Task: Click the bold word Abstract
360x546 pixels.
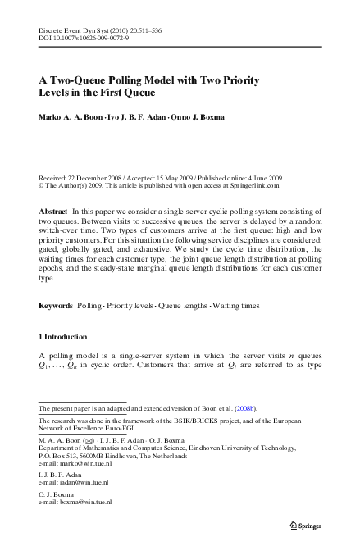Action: (53, 212)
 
